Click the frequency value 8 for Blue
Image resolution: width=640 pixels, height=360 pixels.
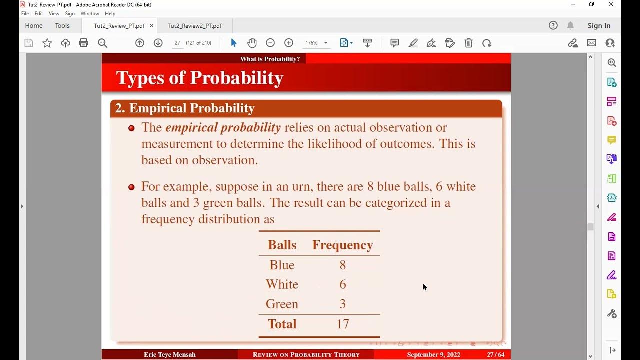tap(343, 265)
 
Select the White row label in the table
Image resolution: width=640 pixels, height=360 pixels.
tap(282, 284)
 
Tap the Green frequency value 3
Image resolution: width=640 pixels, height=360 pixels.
tap(343, 304)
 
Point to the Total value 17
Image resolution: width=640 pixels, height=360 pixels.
tap(343, 324)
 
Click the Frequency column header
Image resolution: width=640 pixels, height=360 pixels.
tap(343, 245)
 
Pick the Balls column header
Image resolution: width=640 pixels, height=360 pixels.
tap(282, 245)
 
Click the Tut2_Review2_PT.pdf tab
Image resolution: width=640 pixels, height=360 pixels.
tap(194, 26)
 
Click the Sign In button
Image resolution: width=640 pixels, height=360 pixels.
tap(598, 26)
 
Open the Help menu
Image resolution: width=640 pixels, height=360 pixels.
tap(110, 14)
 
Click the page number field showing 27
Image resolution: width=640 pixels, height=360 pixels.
tap(177, 43)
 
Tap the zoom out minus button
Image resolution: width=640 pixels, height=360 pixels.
tap(270, 43)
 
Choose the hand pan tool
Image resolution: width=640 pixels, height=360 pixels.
tap(252, 43)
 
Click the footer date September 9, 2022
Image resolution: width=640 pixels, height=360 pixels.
tap(433, 355)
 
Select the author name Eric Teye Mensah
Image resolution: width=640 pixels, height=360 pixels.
tap(170, 355)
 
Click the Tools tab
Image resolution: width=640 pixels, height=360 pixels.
tap(62, 26)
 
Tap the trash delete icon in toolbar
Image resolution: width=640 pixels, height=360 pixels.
tap(468, 43)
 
